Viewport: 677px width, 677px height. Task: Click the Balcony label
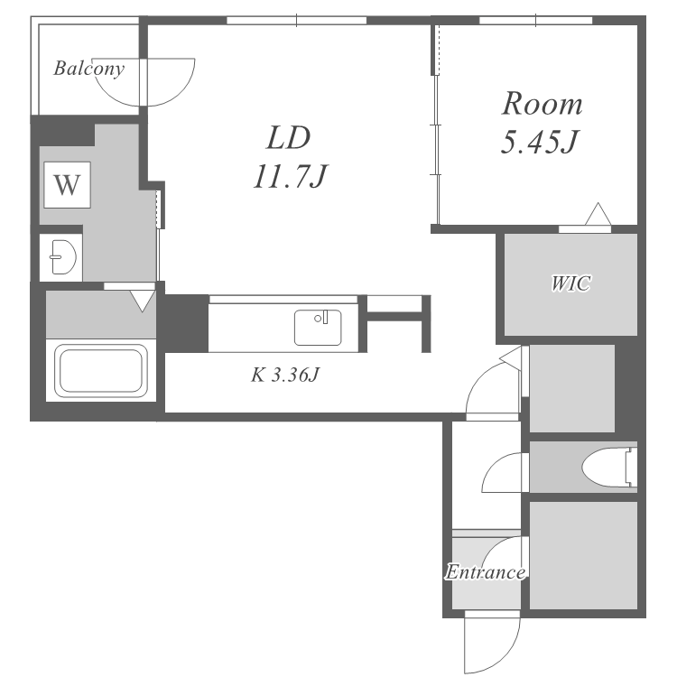(x=89, y=69)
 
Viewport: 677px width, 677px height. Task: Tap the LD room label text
(x=288, y=138)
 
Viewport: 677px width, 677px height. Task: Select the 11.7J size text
(x=290, y=177)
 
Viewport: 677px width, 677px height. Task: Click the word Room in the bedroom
(x=542, y=104)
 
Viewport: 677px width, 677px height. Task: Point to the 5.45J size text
(x=539, y=142)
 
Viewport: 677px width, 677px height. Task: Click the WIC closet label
(x=570, y=283)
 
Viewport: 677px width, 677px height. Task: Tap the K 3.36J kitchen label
(x=284, y=375)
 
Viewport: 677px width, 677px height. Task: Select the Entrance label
(x=486, y=572)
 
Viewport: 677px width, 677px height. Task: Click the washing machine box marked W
(x=67, y=185)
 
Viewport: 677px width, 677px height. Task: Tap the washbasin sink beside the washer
(x=63, y=257)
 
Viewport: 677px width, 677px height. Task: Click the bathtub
(x=101, y=370)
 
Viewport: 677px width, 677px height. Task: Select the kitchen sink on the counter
(x=318, y=328)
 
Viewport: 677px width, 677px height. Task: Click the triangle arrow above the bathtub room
(x=142, y=301)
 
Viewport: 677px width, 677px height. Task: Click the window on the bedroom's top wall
(x=535, y=20)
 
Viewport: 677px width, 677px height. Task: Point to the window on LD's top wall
(x=297, y=20)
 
